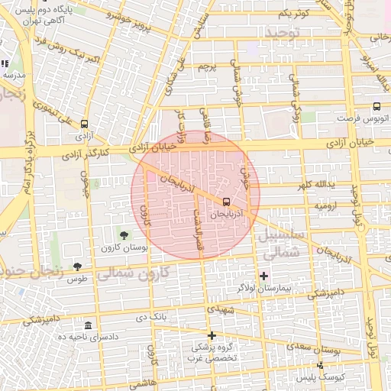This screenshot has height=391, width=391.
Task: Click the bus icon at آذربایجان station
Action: click(x=225, y=202)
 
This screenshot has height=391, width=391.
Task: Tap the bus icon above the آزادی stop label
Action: click(x=83, y=123)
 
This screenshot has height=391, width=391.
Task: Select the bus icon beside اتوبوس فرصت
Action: click(x=376, y=107)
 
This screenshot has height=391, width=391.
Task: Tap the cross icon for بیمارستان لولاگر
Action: click(x=264, y=275)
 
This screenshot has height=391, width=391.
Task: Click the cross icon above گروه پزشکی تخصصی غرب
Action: click(x=212, y=335)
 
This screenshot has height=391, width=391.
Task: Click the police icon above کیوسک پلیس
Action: click(x=320, y=365)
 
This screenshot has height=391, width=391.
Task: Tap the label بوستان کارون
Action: click(x=119, y=249)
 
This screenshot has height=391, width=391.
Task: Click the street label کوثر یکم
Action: click(x=293, y=14)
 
